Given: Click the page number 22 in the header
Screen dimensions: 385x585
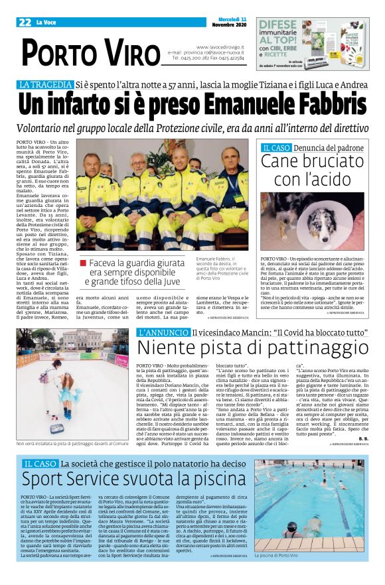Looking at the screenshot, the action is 25,23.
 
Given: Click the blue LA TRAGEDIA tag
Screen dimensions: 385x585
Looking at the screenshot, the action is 45,84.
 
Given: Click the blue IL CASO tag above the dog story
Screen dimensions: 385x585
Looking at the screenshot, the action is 277,147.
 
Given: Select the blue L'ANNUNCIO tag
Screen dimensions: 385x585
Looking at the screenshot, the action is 162,332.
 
